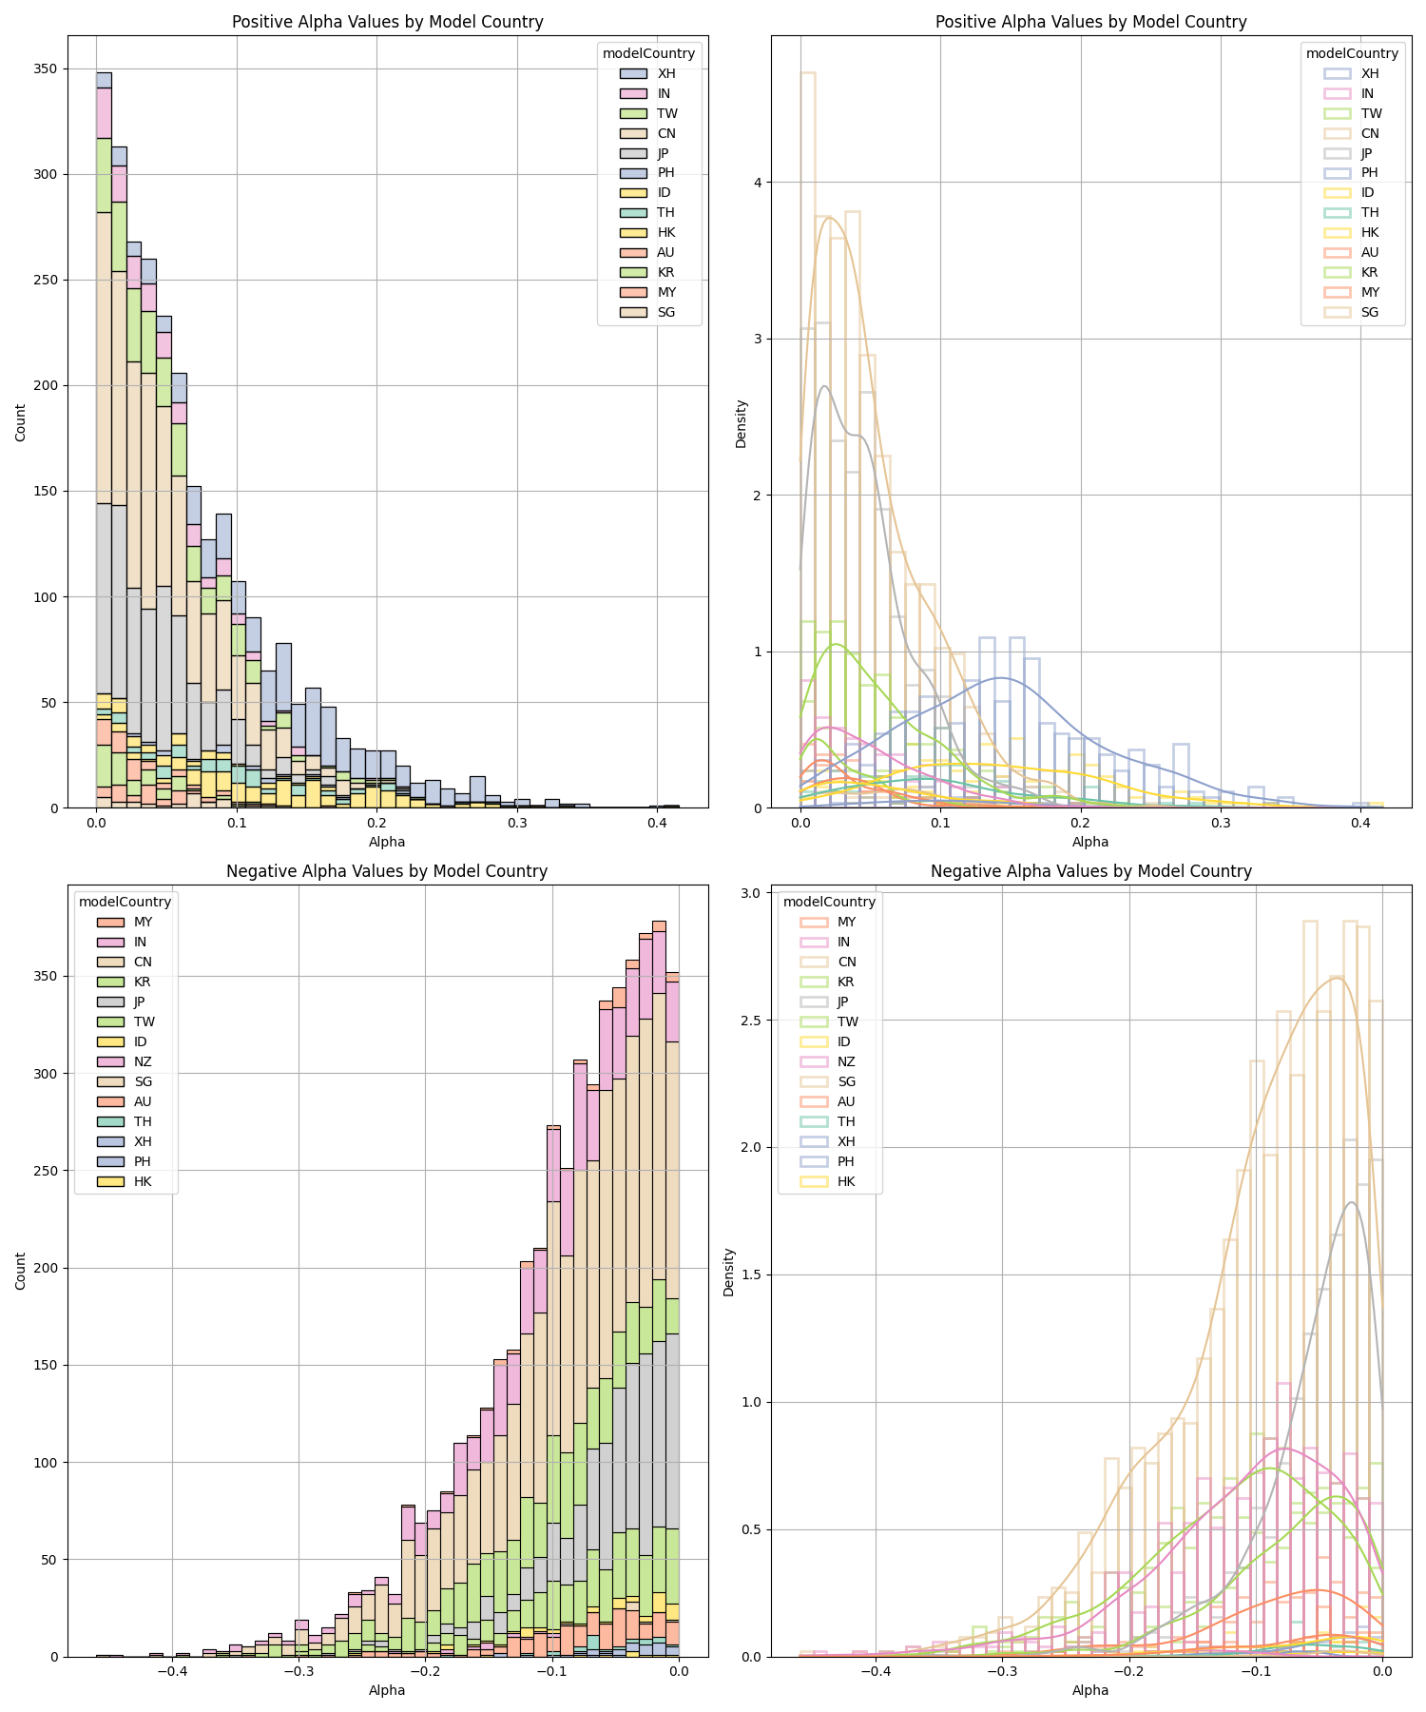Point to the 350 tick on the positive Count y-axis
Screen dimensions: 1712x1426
tap(46, 68)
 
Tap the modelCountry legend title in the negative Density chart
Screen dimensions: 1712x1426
tap(829, 902)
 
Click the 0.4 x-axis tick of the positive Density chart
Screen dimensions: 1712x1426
tap(1360, 822)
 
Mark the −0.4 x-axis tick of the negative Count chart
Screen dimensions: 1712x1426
tap(171, 1671)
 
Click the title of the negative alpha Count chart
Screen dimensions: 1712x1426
tap(387, 871)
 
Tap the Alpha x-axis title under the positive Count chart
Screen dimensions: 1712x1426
tap(387, 842)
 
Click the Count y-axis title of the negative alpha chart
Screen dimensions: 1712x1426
tap(21, 1271)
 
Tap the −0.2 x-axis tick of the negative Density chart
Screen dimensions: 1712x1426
tap(1128, 1671)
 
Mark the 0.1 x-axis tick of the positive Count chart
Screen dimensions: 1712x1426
tap(237, 822)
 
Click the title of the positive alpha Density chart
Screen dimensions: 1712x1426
tap(1090, 22)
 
